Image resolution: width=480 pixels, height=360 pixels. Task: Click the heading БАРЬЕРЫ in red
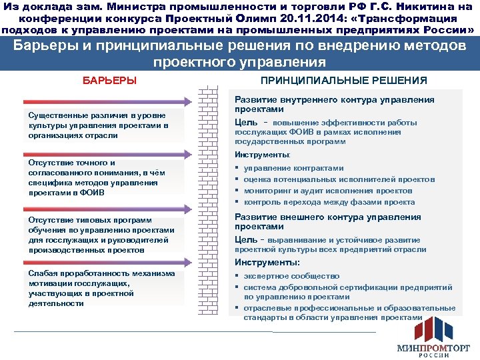[109, 81]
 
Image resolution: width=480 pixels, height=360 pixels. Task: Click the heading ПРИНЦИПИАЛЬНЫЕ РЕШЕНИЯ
[343, 81]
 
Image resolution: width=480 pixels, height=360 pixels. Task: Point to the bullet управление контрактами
[293, 168]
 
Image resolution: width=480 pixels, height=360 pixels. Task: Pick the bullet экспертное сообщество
[291, 276]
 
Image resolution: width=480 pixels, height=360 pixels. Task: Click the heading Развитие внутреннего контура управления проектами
[334, 104]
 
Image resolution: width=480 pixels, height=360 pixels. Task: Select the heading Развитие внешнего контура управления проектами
[327, 222]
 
